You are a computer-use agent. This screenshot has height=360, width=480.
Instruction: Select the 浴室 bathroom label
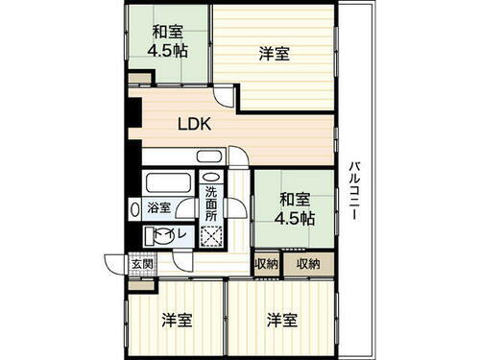coord(158,206)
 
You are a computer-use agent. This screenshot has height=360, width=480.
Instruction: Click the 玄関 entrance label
coord(116,264)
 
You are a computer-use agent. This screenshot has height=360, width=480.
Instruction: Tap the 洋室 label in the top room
coord(275,56)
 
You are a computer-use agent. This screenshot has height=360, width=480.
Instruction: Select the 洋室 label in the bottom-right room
coord(281,320)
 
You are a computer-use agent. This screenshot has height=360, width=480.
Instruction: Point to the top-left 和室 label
coord(169,30)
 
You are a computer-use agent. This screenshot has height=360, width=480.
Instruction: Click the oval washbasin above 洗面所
coord(211,178)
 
